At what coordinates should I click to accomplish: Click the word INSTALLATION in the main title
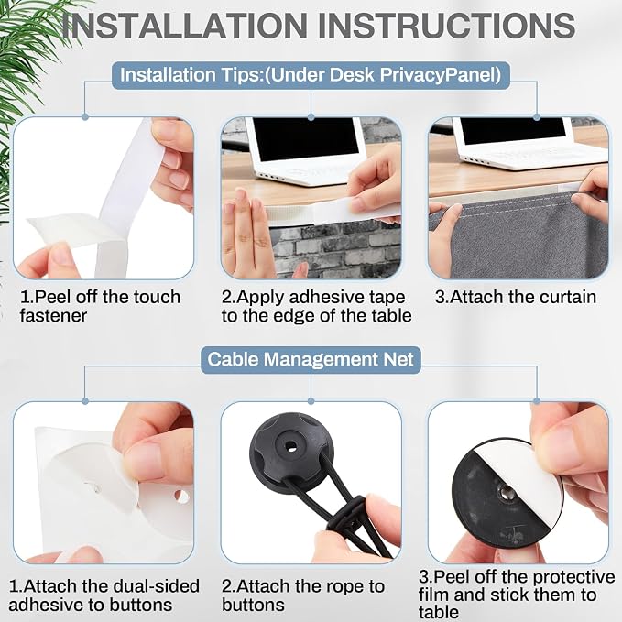click(x=183, y=26)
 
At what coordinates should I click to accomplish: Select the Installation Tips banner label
click(x=311, y=75)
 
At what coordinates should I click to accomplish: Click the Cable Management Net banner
click(x=311, y=359)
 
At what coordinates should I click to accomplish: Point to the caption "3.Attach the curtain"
click(x=516, y=297)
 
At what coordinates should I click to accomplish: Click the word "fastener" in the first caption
click(x=53, y=316)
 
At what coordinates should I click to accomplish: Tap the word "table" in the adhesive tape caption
click(x=391, y=316)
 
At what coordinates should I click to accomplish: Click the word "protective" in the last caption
click(x=569, y=577)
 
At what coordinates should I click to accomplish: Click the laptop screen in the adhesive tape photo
click(x=306, y=139)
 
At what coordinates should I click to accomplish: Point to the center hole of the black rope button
click(x=291, y=446)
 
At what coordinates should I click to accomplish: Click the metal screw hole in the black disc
click(x=506, y=494)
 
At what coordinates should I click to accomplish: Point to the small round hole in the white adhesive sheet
click(x=181, y=497)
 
